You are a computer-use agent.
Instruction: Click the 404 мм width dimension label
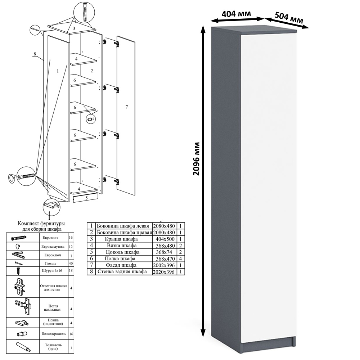[236, 14]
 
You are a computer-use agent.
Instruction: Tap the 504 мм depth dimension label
[289, 17]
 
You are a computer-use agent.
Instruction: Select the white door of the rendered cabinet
[269, 187]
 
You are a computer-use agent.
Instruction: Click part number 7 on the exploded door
[126, 107]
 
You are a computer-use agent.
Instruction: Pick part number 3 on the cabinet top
[74, 28]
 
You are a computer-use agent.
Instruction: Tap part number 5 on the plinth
[86, 198]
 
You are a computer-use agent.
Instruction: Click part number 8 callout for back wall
[35, 54]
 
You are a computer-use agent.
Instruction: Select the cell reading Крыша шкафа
[121, 239]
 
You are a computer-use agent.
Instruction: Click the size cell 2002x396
[164, 265]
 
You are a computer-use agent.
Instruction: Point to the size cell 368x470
[164, 259]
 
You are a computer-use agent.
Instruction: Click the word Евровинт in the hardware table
[50, 238]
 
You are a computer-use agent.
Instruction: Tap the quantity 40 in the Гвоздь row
[71, 264]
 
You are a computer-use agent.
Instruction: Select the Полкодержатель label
[54, 334]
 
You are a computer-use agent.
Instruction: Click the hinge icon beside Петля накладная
[23, 307]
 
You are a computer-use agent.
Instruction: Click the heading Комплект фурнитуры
[41, 224]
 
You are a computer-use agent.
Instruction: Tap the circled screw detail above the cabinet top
[84, 12]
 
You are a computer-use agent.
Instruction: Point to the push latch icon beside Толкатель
[23, 346]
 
